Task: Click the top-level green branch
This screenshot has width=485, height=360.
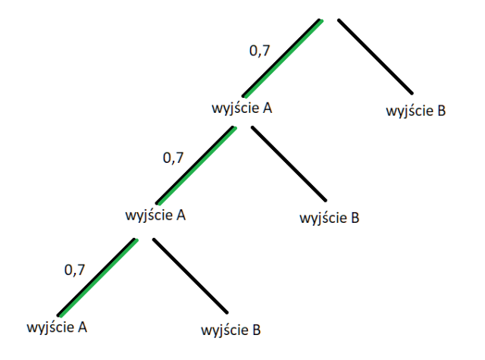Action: (x=283, y=58)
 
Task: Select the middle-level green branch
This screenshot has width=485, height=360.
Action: (x=196, y=166)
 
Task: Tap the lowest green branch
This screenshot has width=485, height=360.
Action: (x=98, y=277)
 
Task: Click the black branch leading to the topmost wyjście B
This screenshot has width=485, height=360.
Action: (x=376, y=56)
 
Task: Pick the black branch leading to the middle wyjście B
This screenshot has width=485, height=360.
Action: (x=289, y=164)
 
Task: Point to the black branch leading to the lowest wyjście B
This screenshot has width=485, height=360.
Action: (x=190, y=276)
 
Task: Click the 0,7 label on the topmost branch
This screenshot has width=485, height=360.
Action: (x=260, y=51)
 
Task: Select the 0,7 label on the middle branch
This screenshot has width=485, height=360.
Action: (x=174, y=158)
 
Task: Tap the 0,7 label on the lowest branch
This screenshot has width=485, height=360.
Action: (x=74, y=271)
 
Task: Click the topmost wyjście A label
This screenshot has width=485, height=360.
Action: (x=242, y=108)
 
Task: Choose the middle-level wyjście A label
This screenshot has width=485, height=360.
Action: (x=155, y=215)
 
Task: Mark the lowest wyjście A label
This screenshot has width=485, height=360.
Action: (x=57, y=327)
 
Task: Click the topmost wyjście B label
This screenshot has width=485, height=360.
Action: (x=416, y=111)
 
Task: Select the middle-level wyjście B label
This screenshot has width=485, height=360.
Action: (x=330, y=218)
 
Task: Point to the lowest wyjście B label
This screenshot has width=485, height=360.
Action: (x=231, y=330)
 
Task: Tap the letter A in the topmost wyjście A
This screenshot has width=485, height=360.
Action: (x=268, y=108)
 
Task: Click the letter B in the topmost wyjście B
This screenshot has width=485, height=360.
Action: (x=442, y=111)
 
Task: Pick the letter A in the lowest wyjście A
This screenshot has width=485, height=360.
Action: (x=83, y=327)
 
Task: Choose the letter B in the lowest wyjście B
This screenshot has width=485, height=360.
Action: (x=257, y=330)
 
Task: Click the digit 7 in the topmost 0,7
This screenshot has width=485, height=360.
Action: (x=266, y=50)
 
